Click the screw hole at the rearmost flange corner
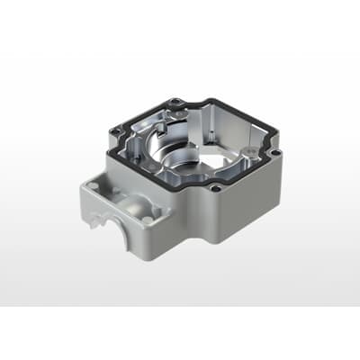click(179, 101)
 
